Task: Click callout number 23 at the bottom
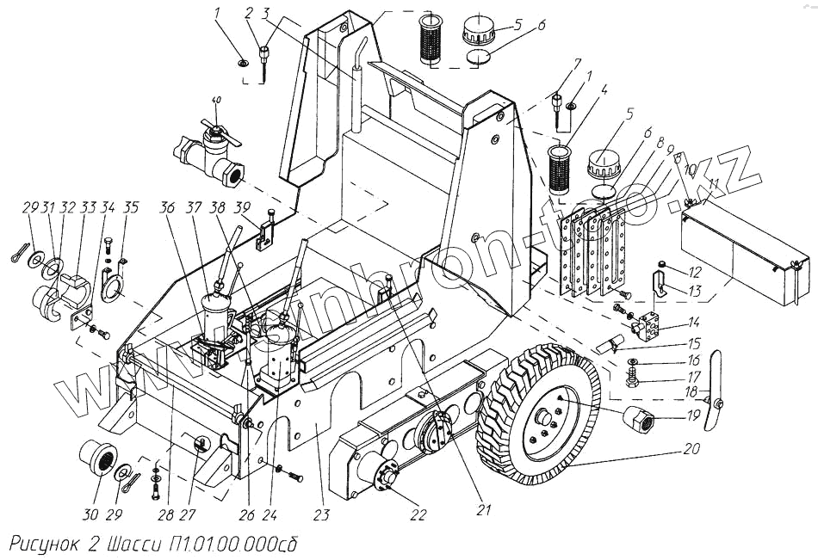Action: click(320, 517)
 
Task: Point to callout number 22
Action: click(418, 515)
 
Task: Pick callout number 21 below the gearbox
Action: click(483, 509)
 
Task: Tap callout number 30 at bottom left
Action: click(90, 515)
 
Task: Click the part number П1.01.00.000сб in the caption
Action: click(232, 545)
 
